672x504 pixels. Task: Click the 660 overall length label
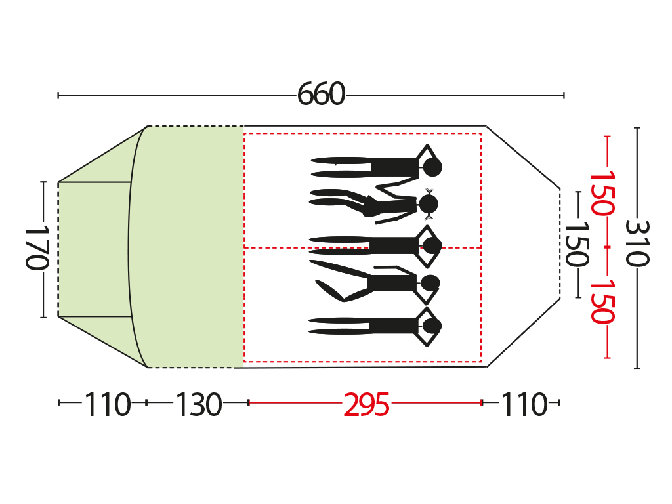pos(321,94)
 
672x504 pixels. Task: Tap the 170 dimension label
pos(37,249)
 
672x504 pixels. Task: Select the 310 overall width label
pos(637,243)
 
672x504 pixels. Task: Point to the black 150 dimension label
pos(577,244)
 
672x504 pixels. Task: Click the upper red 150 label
pos(602,193)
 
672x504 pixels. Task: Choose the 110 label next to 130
pos(107,404)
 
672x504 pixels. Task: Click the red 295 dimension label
pos(366,404)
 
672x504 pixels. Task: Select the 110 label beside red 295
pos(524,404)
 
